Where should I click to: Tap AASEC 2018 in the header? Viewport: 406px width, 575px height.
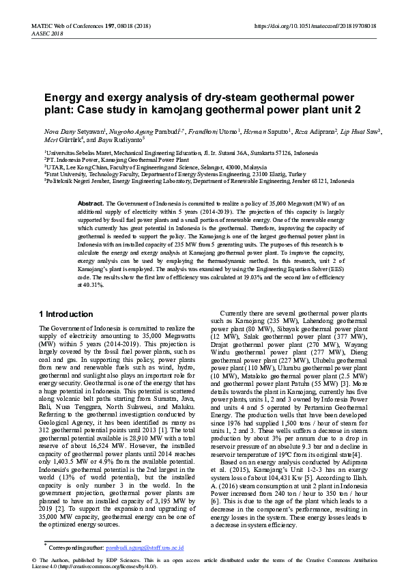(x=47, y=33)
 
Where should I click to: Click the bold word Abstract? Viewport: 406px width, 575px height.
(x=90, y=204)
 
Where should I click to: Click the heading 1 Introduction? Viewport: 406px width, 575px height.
(x=66, y=314)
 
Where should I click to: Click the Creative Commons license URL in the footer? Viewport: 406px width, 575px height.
(x=106, y=566)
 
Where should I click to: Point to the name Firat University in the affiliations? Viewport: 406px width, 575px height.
(x=69, y=174)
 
